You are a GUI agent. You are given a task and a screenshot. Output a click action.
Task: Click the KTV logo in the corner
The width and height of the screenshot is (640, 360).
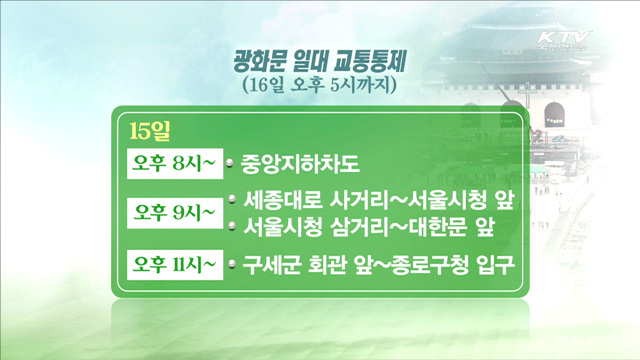[x=564, y=41]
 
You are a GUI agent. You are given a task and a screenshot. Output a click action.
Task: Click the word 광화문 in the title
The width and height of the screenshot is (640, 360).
[x=254, y=64]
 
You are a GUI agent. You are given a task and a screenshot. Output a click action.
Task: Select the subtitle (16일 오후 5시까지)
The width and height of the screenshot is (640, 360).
[x=320, y=87]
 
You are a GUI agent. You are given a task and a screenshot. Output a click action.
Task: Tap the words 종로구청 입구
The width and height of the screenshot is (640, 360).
[x=449, y=266]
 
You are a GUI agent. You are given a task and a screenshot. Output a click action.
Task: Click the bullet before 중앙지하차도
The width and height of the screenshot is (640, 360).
[x=229, y=161]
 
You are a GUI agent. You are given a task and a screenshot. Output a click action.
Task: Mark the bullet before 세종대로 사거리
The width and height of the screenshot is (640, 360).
[x=229, y=199]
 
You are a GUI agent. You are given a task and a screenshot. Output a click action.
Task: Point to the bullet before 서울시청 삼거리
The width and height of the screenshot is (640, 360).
[x=229, y=227]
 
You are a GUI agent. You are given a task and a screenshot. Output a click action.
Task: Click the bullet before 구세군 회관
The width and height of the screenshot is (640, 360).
[x=229, y=266]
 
